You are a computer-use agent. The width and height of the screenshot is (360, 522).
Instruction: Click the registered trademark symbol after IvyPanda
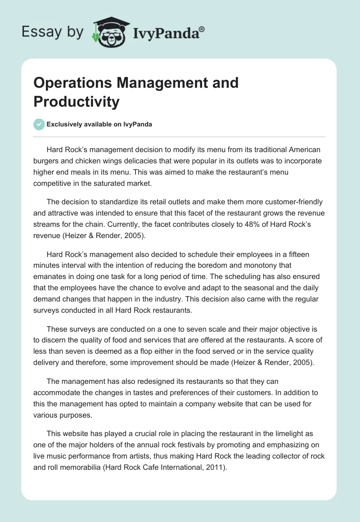coord(202,29)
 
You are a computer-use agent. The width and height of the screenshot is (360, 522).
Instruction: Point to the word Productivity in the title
coord(76,102)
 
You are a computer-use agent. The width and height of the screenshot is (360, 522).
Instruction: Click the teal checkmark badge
coord(39,124)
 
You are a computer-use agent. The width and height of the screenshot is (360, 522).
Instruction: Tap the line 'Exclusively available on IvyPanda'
coord(99,124)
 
